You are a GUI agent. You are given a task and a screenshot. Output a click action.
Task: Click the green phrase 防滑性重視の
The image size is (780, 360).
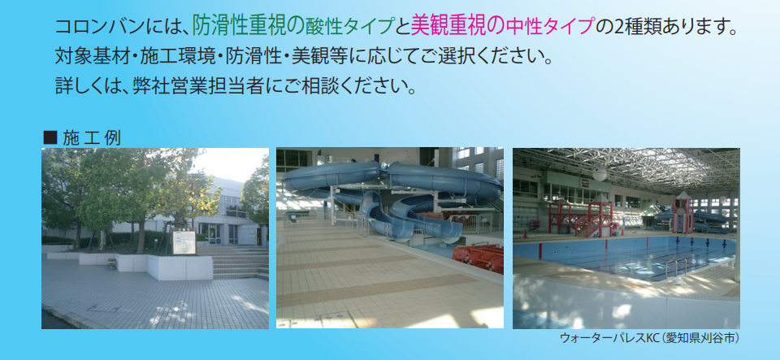point(249,26)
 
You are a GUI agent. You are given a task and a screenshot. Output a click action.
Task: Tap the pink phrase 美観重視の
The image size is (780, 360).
point(457,26)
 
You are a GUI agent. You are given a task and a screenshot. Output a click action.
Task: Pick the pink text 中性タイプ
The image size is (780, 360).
point(549,27)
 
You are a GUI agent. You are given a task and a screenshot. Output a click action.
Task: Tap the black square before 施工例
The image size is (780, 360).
point(50,137)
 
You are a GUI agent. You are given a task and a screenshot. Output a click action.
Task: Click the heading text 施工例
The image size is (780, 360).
point(92,137)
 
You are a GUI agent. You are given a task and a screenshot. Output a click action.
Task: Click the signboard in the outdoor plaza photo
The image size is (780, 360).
point(184,241)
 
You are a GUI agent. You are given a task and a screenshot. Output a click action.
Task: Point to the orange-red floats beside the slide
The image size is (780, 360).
point(478,258)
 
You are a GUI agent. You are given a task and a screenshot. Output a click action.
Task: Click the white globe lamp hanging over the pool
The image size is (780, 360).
point(600,174)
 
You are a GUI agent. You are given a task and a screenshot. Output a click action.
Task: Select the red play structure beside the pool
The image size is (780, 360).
point(582,217)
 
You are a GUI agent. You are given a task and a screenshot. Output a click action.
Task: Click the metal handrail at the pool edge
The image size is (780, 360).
point(677,267)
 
